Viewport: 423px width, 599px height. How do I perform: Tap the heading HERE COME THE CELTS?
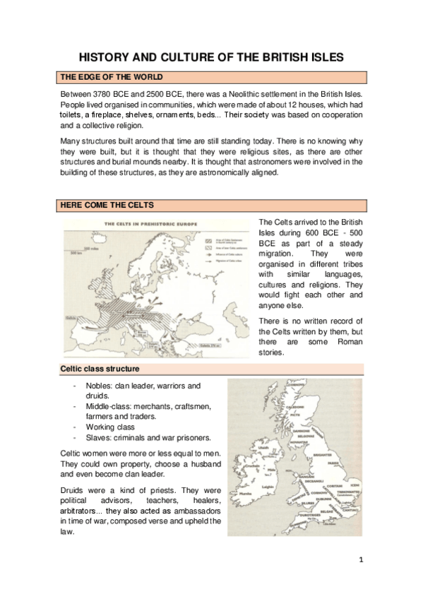tap(106, 205)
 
